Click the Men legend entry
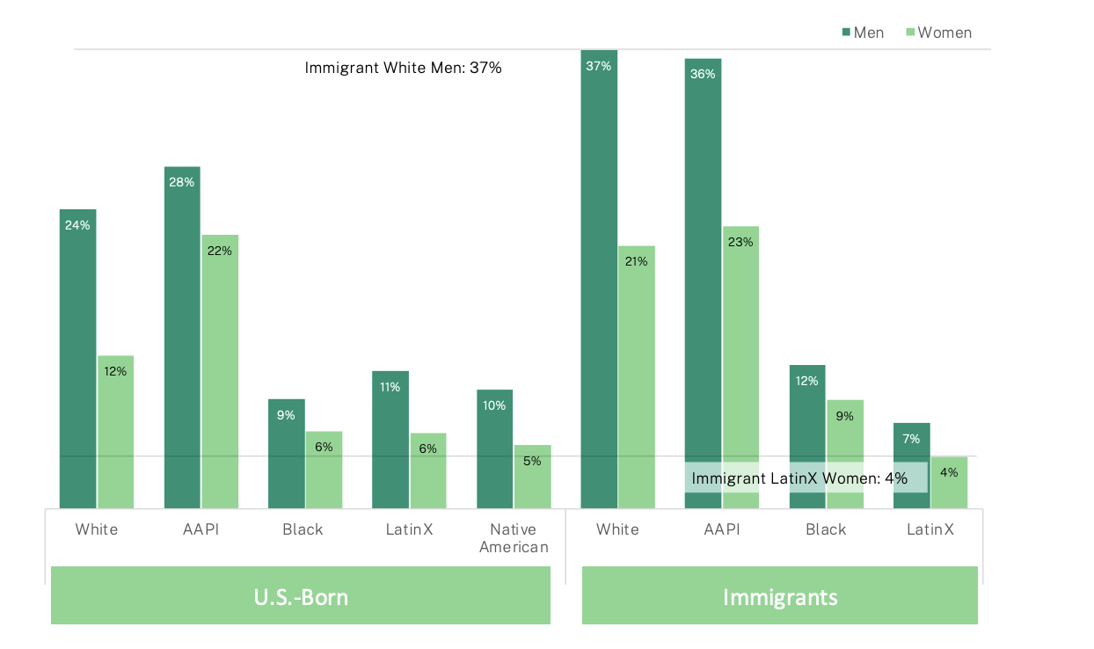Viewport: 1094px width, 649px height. click(x=863, y=33)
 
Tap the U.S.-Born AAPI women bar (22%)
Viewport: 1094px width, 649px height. click(x=219, y=370)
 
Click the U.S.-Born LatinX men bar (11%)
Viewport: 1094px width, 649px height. click(x=390, y=439)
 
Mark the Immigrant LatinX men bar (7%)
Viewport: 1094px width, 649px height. click(x=911, y=448)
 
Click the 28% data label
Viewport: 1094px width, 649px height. click(x=181, y=182)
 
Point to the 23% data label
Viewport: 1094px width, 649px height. click(x=740, y=242)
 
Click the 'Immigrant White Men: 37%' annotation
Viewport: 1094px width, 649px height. click(x=403, y=68)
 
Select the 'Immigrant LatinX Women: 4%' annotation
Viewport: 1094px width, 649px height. click(x=799, y=478)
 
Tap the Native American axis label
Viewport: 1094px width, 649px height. click(x=519, y=538)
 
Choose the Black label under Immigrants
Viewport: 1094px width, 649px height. click(x=826, y=529)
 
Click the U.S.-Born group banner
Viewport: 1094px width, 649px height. click(x=301, y=597)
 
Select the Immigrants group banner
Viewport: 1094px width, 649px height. click(x=779, y=597)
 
